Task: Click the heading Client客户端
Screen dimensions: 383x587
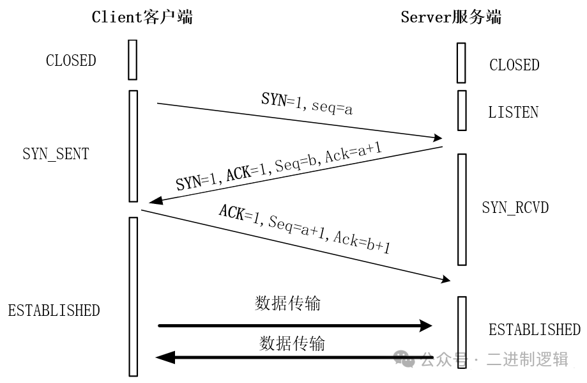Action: click(142, 17)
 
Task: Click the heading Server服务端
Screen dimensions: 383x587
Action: click(451, 17)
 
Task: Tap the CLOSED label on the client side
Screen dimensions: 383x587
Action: click(71, 61)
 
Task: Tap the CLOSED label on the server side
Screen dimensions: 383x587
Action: click(514, 65)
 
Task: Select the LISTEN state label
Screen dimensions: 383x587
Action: click(513, 113)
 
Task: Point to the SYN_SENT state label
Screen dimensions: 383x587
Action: click(56, 154)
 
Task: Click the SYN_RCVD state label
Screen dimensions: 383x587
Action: click(515, 208)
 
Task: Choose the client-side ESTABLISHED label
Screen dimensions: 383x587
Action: click(54, 311)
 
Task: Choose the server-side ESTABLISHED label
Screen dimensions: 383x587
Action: click(534, 330)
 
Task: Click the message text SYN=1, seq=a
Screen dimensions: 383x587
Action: click(307, 104)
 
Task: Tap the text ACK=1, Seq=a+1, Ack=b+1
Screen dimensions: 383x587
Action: click(304, 229)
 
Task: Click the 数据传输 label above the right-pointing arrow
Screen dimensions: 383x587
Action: click(287, 303)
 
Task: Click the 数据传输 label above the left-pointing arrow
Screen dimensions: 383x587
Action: click(292, 343)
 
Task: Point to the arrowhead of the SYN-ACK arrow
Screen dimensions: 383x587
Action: click(154, 202)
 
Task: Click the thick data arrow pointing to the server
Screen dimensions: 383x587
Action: click(294, 326)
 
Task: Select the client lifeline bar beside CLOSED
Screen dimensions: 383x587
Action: click(133, 59)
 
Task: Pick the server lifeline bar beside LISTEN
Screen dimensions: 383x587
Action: click(461, 110)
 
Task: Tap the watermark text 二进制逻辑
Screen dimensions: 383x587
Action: click(528, 359)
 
